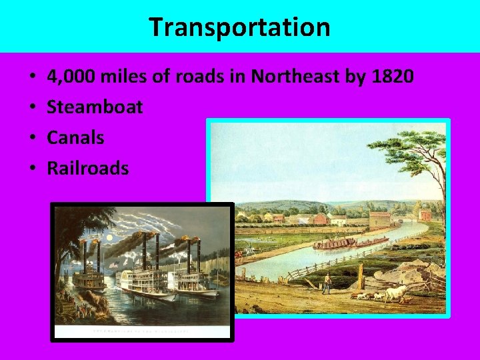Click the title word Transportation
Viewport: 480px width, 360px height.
click(239, 27)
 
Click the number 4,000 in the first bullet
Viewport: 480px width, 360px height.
click(71, 77)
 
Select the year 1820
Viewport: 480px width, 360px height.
click(389, 77)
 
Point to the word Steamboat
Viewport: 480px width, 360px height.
click(95, 107)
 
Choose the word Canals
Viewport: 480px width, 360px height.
click(75, 137)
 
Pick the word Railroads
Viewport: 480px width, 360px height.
click(87, 168)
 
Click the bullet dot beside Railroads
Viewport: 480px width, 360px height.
click(33, 169)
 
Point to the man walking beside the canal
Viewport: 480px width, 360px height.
click(326, 283)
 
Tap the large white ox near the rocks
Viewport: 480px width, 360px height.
click(396, 291)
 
